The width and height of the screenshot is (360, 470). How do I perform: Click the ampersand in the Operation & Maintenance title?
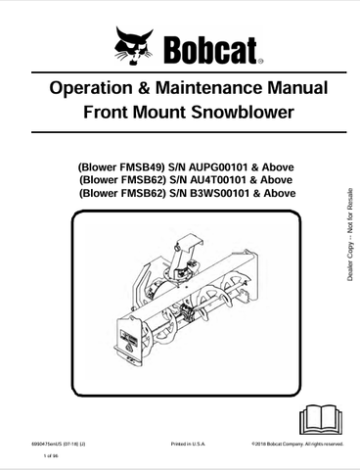[x=144, y=89]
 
